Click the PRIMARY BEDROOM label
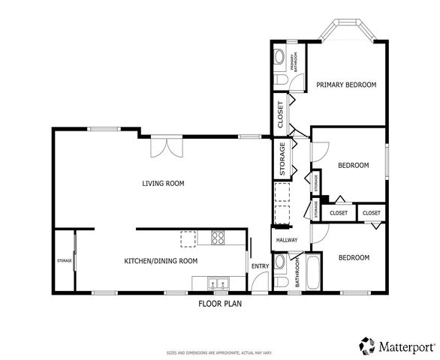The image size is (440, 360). point(345,85)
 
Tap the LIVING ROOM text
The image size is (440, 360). point(163,183)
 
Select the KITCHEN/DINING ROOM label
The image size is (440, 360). point(161,261)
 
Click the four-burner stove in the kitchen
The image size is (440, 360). point(219,239)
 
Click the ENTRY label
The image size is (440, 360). point(260,266)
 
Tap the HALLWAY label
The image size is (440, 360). point(287,240)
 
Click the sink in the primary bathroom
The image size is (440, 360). point(279,57)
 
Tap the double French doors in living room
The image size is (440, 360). point(165,146)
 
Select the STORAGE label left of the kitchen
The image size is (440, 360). point(64,261)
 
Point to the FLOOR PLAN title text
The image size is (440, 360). point(220,304)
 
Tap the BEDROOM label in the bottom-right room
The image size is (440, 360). point(353,258)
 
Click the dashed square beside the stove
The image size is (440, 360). point(188,238)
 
